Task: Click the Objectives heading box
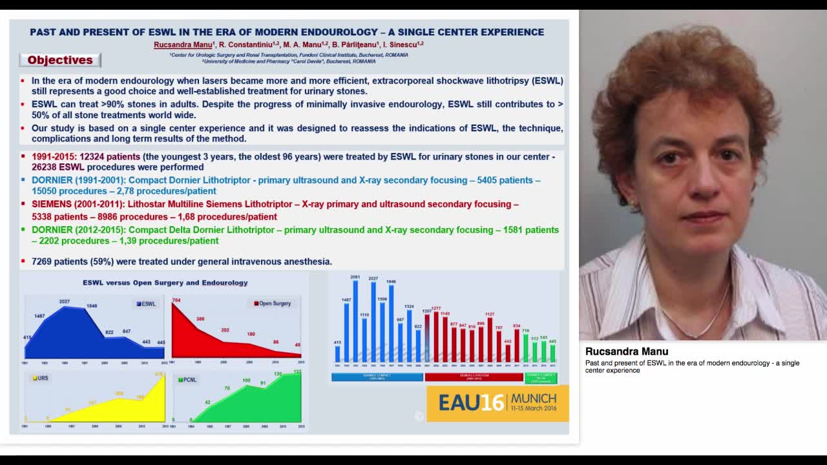pyautogui.click(x=60, y=60)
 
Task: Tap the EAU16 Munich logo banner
pyautogui.click(x=497, y=403)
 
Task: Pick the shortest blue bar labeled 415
pyautogui.click(x=337, y=353)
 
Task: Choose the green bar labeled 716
pyautogui.click(x=525, y=347)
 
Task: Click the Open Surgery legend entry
pyautogui.click(x=272, y=304)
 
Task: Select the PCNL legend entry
pyautogui.click(x=187, y=380)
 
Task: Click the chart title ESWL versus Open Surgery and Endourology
pyautogui.click(x=165, y=283)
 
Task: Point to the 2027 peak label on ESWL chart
pyautogui.click(x=64, y=302)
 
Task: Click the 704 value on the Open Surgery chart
pyautogui.click(x=176, y=300)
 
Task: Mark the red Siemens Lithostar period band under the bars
pyautogui.click(x=474, y=377)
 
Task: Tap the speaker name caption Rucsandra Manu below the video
pyautogui.click(x=627, y=351)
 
